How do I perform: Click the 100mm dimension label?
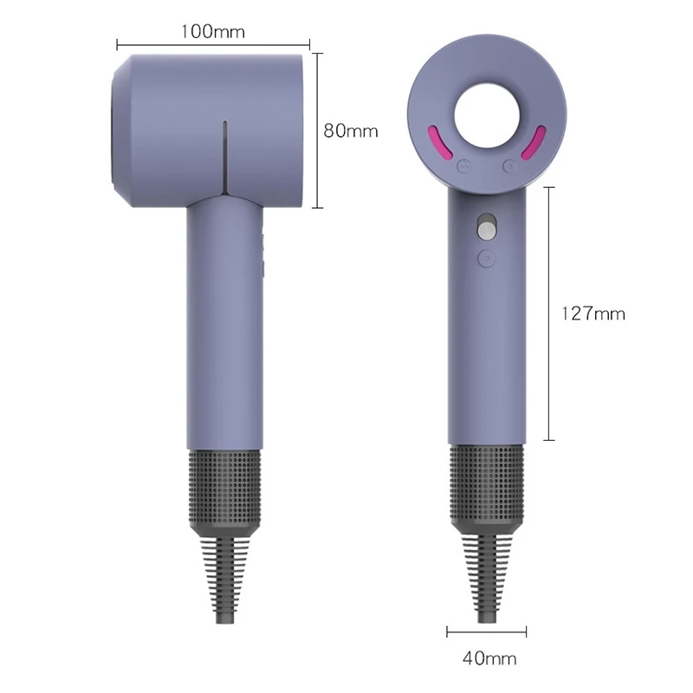coord(213,31)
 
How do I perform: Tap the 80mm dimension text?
coord(351,131)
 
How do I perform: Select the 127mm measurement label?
coord(593,314)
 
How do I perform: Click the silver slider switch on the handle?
coord(486,229)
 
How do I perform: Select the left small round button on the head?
coord(462,165)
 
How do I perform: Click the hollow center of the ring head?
coord(486,114)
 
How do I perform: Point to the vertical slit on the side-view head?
coord(223,156)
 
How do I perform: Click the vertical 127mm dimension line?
coord(548,314)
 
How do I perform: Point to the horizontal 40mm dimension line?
coord(486,631)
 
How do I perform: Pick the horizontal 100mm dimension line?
coord(213,42)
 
